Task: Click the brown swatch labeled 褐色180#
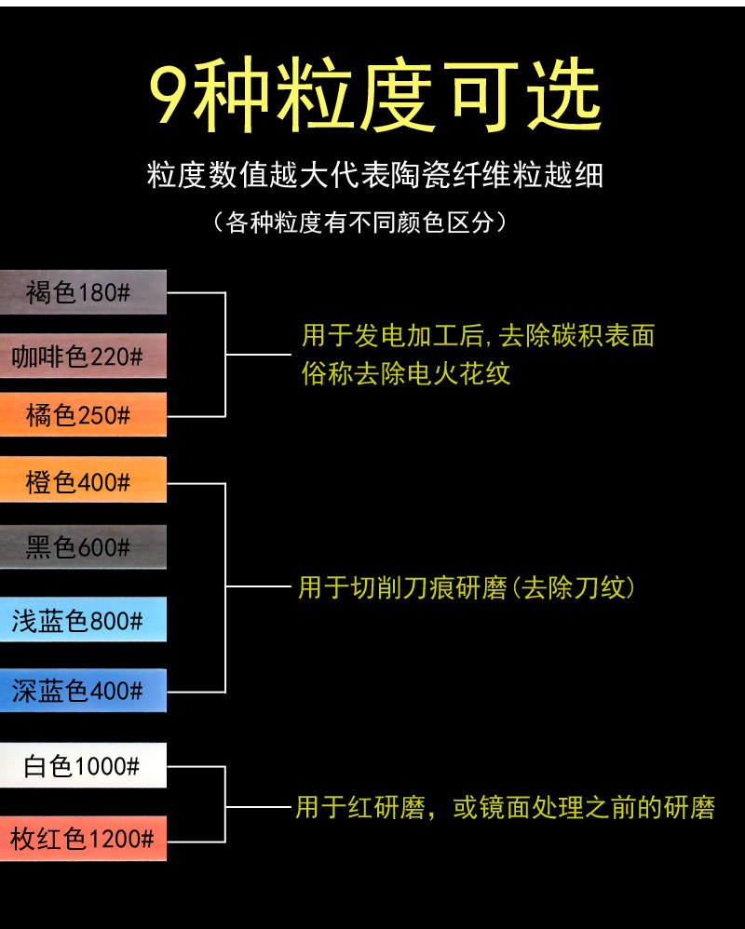[x=83, y=292]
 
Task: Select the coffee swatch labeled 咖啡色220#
[x=83, y=356]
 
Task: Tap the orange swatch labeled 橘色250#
[x=83, y=415]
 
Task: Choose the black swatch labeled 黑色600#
[x=83, y=547]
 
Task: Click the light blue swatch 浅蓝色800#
[x=83, y=620]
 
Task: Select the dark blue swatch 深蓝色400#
[x=83, y=691]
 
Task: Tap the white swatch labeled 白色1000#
[x=83, y=766]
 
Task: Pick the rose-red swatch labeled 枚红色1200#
[x=83, y=839]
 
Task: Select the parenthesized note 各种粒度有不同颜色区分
[x=359, y=223]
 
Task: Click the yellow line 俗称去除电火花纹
[x=406, y=373]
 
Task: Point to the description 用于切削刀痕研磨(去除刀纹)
[x=467, y=587]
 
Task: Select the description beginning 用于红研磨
[x=505, y=807]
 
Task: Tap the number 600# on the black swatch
[x=103, y=547]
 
